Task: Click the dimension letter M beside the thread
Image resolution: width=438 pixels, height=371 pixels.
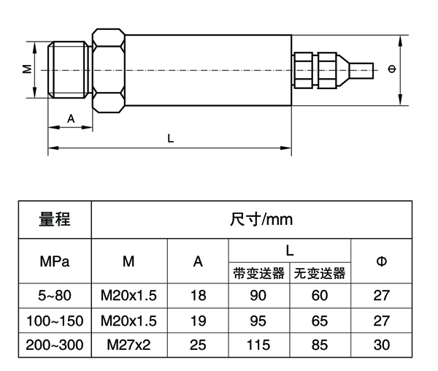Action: tap(27, 69)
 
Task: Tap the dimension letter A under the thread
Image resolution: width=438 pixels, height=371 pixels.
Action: tap(71, 119)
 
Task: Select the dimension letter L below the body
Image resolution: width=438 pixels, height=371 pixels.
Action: tap(170, 138)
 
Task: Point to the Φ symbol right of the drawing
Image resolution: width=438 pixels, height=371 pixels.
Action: tap(392, 69)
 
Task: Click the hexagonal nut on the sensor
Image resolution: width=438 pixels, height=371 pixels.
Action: tap(109, 70)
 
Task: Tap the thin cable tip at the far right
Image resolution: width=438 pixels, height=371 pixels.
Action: tap(362, 70)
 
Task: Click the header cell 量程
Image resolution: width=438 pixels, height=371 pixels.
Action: tap(55, 219)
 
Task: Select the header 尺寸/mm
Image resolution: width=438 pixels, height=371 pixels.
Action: tap(261, 220)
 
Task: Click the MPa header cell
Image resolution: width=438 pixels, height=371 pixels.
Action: tap(55, 261)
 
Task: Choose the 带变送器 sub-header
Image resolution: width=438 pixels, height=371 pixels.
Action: tap(259, 273)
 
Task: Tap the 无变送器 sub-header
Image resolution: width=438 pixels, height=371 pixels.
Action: tap(320, 273)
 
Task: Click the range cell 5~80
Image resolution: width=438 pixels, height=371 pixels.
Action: tap(55, 296)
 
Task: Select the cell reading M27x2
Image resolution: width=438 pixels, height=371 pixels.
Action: tap(128, 345)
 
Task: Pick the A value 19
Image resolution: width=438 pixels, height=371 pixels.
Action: tap(198, 321)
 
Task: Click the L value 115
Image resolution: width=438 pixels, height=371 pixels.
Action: tap(258, 345)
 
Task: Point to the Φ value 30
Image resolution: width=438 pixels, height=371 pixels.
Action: tap(382, 345)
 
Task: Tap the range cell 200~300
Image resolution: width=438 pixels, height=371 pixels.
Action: tap(55, 345)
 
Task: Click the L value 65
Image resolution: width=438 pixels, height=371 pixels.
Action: tap(320, 321)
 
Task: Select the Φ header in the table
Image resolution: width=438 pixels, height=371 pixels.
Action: tap(382, 261)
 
